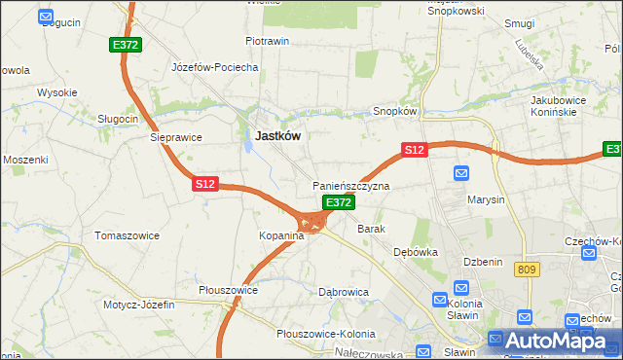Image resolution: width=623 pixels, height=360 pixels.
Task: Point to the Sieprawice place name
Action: (175, 137)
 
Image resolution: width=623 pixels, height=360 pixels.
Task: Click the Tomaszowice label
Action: (126, 235)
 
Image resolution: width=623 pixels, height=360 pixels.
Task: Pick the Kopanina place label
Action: (281, 236)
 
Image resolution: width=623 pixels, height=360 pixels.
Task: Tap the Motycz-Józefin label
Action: (139, 305)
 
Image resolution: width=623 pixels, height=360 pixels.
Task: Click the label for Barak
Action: (372, 229)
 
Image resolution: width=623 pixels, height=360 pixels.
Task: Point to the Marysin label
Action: (486, 199)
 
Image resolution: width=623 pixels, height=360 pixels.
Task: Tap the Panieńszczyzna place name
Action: (350, 185)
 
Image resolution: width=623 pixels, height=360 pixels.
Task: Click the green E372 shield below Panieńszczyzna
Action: (338, 202)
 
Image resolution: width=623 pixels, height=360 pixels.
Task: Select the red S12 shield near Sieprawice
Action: (204, 183)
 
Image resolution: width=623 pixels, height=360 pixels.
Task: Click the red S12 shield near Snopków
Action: (414, 150)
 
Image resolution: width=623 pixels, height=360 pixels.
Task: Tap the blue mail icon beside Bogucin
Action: (46, 17)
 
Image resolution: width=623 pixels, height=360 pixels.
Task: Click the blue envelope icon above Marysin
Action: (462, 173)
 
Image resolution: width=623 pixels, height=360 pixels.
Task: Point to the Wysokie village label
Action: (56, 92)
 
